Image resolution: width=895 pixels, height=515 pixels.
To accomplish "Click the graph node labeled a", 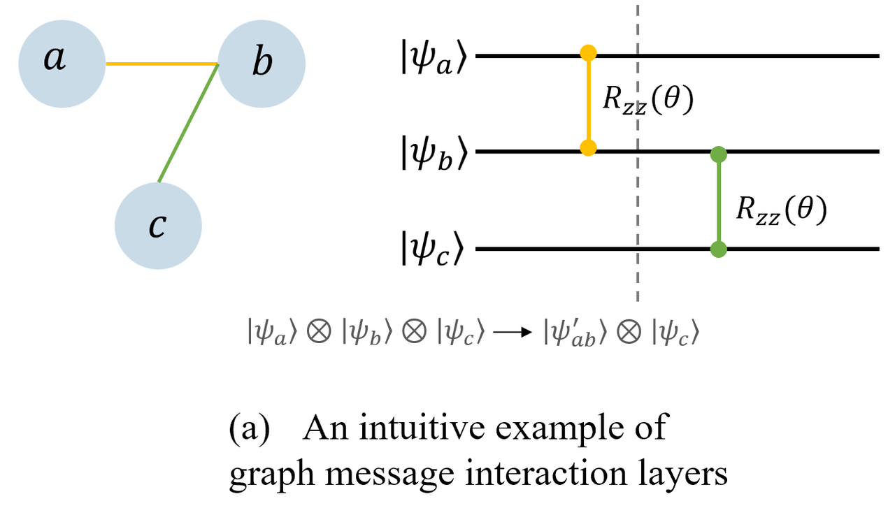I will click(x=62, y=64).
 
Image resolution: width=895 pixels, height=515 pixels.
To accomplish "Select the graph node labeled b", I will click(x=262, y=64).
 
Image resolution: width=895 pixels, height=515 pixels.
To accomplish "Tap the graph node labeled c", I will click(x=158, y=226).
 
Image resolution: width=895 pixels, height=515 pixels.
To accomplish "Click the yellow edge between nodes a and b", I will click(x=162, y=64).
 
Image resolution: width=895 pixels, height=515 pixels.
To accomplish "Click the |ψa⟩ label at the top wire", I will click(x=433, y=56).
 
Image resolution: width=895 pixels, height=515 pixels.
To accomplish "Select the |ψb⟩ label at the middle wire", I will click(x=433, y=153).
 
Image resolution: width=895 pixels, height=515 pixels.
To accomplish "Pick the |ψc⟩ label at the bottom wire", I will click(x=433, y=250).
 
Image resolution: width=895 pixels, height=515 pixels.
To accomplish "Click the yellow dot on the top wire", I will click(x=588, y=53).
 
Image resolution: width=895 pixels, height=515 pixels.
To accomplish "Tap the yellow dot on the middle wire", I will click(x=588, y=148).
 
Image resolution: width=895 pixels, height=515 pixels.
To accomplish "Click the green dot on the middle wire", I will click(x=717, y=153).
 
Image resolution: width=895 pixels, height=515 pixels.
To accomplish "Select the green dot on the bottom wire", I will click(x=717, y=249).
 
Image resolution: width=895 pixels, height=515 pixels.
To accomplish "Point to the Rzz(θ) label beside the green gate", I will click(x=781, y=210).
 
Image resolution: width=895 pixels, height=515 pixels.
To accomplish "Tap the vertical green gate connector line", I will click(x=717, y=201).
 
